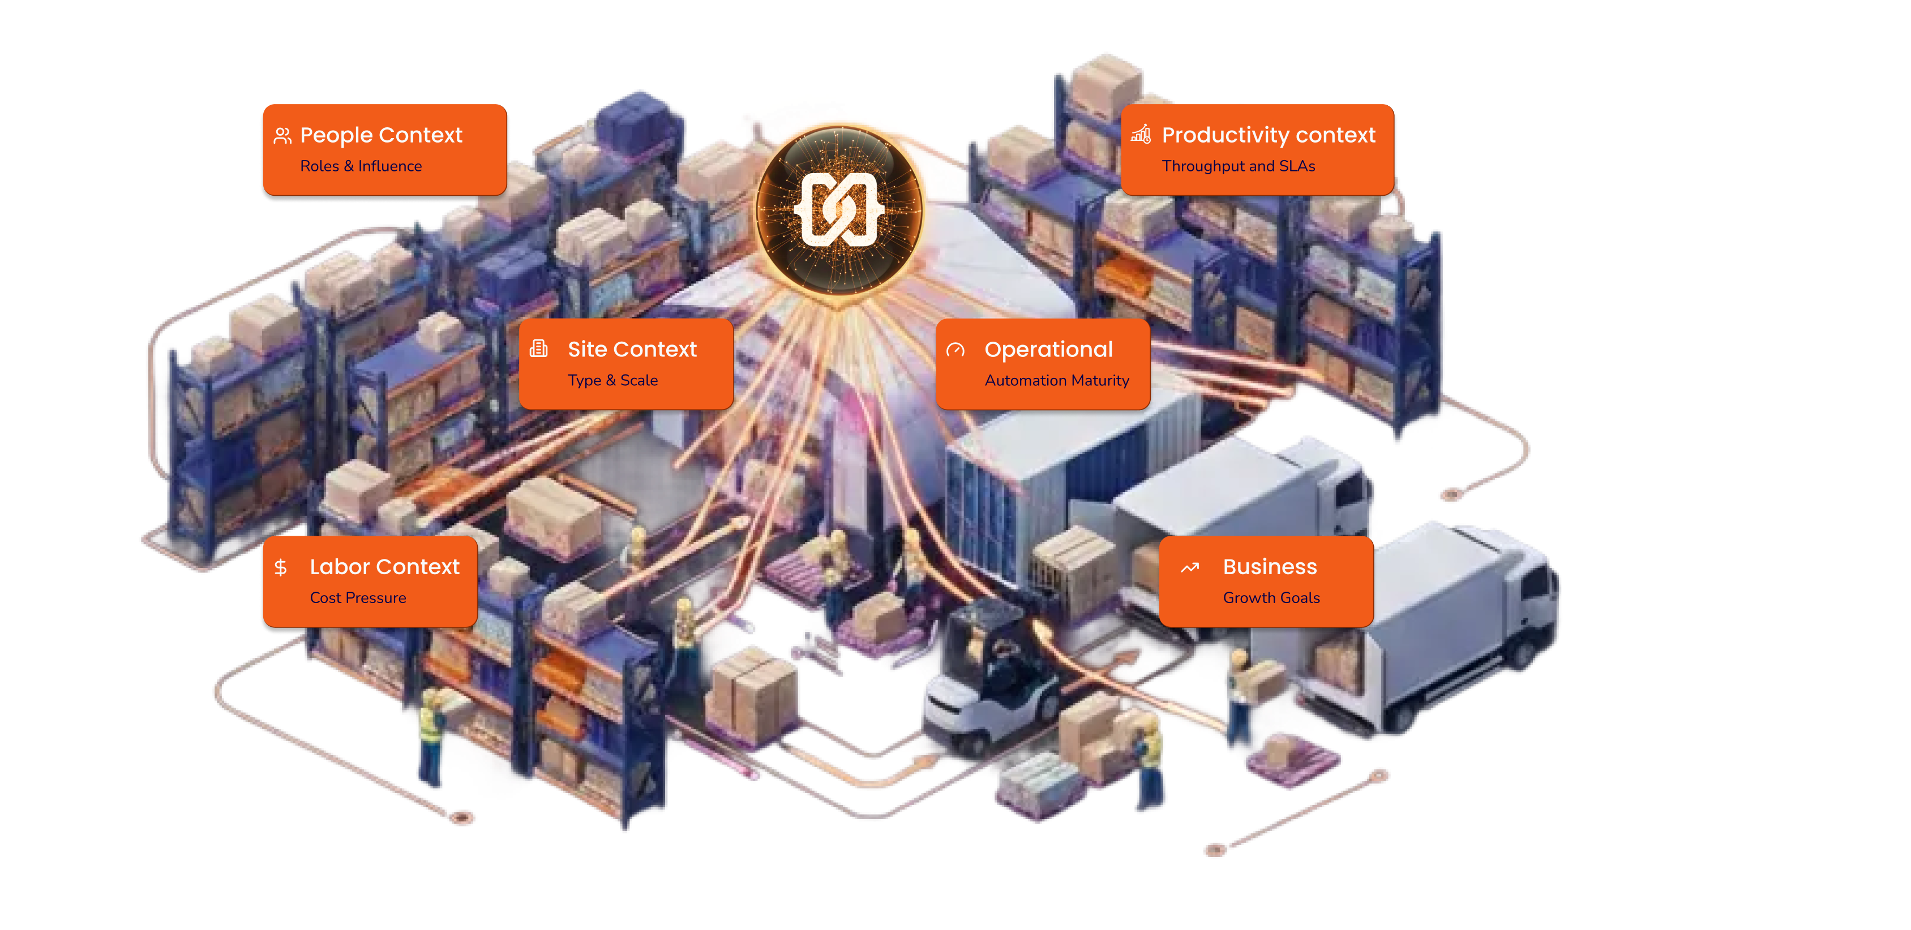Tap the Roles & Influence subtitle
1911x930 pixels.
point(361,166)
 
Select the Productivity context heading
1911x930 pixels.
point(1268,136)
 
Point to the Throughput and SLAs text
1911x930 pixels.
point(1238,166)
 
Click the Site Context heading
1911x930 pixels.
point(632,349)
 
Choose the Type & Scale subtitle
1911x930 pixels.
point(613,381)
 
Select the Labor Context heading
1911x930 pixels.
point(384,567)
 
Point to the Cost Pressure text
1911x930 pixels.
point(358,598)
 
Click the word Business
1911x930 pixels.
point(1269,567)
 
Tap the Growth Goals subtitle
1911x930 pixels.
point(1271,598)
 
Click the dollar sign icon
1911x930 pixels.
point(280,568)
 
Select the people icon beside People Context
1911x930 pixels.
point(282,136)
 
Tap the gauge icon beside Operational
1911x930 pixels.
point(955,349)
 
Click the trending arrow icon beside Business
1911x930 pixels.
point(1190,568)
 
